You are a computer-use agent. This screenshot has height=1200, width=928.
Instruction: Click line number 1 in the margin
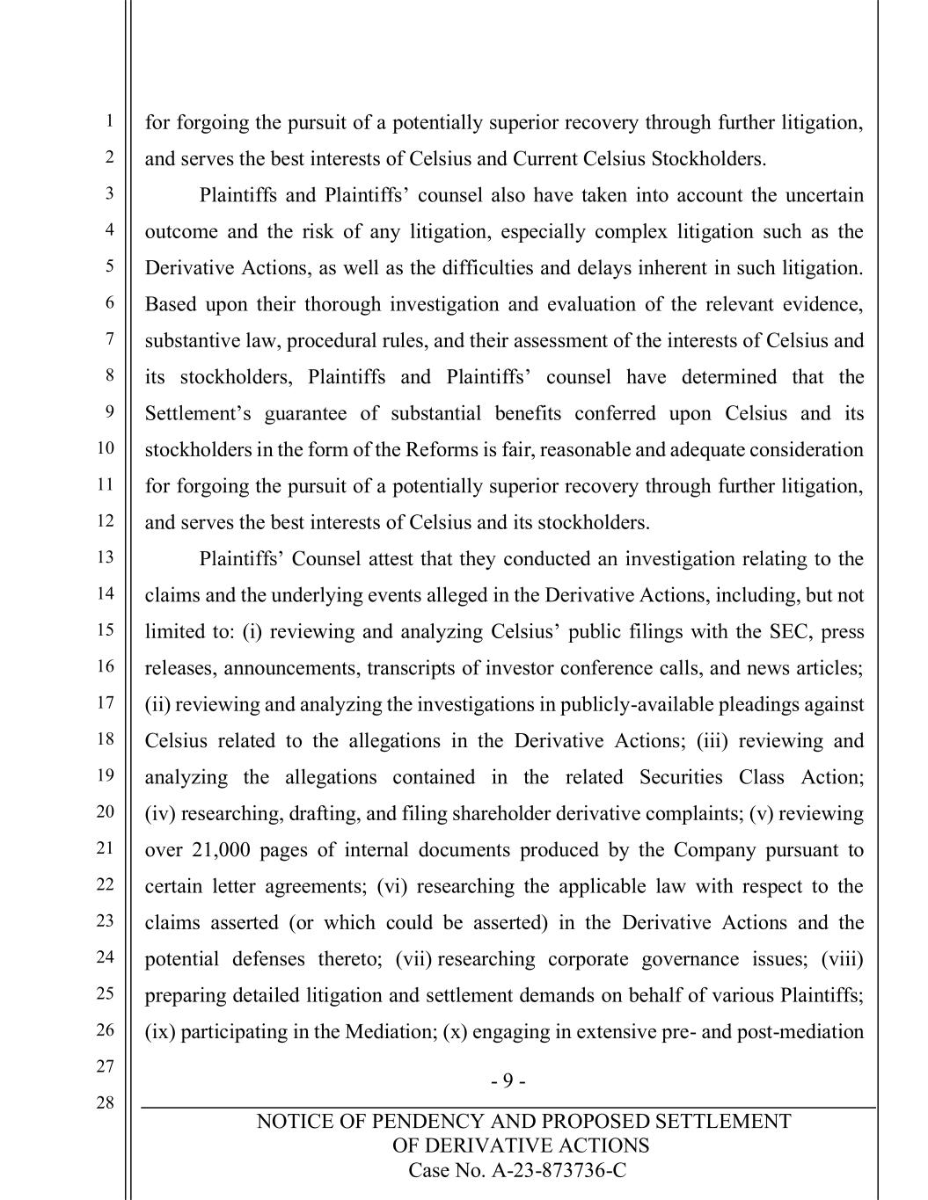[109, 121]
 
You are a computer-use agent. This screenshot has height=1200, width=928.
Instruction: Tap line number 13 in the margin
[106, 556]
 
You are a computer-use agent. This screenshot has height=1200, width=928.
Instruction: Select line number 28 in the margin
[106, 1102]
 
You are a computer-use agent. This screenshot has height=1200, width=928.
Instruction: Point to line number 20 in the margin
[106, 811]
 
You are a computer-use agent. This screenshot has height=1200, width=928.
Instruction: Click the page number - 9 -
[508, 1080]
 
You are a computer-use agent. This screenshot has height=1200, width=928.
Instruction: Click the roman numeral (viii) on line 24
[842, 959]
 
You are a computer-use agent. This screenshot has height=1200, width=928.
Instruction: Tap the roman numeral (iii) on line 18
[712, 741]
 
